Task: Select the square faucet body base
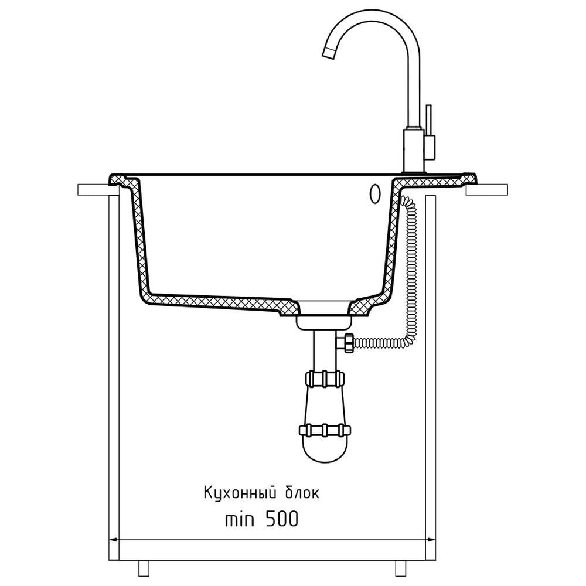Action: coord(413,151)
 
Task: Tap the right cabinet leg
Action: coord(400,568)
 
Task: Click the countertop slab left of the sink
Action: coord(93,190)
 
